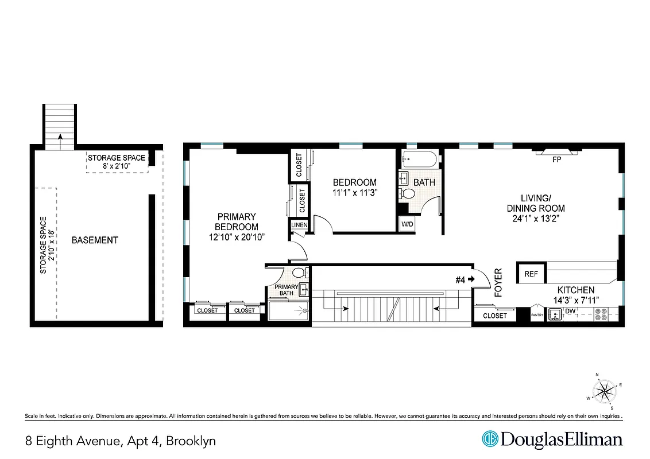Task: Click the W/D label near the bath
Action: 407,224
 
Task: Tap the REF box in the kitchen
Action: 531,274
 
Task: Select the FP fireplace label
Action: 556,160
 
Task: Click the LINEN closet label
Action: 299,225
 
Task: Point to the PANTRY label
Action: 537,314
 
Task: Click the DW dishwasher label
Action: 570,312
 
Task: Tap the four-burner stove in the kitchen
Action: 601,314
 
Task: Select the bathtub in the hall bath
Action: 419,158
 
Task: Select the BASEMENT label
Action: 95,240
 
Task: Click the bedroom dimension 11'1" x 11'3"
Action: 354,193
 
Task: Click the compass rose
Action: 603,391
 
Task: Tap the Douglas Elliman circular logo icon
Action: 490,439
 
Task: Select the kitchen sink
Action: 555,314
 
